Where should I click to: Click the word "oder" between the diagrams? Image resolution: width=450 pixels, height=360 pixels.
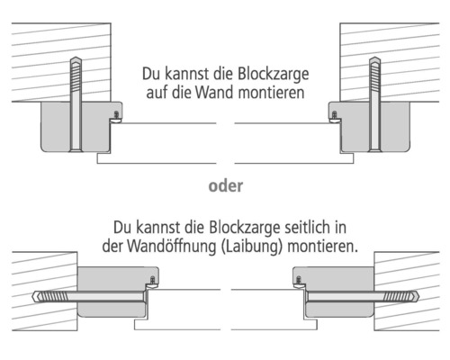pyautogui.click(x=225, y=188)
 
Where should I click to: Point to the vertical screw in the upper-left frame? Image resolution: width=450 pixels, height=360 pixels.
pyautogui.click(x=75, y=103)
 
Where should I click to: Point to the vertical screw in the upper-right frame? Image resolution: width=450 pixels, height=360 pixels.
pyautogui.click(x=373, y=103)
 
